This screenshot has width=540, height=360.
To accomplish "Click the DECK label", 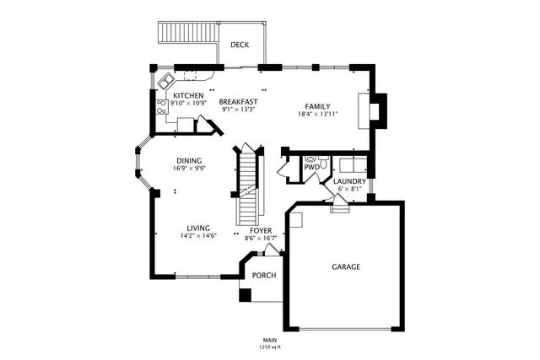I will [x=240, y=45].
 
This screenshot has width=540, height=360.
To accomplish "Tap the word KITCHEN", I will [x=188, y=96].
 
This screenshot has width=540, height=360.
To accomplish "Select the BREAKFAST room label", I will [x=239, y=102].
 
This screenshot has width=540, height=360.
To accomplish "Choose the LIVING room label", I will [x=198, y=228].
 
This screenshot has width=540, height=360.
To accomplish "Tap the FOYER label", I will [x=261, y=230].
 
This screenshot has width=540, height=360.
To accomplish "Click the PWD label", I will [x=312, y=167].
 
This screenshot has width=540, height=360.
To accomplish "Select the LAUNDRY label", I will [x=349, y=181].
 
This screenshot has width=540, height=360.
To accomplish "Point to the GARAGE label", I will [x=345, y=266].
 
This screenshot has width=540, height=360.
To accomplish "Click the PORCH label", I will [x=264, y=275].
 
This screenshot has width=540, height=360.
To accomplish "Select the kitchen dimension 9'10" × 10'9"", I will [x=187, y=104].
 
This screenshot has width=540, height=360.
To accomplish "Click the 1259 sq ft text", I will [x=270, y=346].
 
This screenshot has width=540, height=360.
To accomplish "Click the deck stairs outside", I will [x=188, y=34].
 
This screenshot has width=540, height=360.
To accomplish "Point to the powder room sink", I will [x=311, y=157].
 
